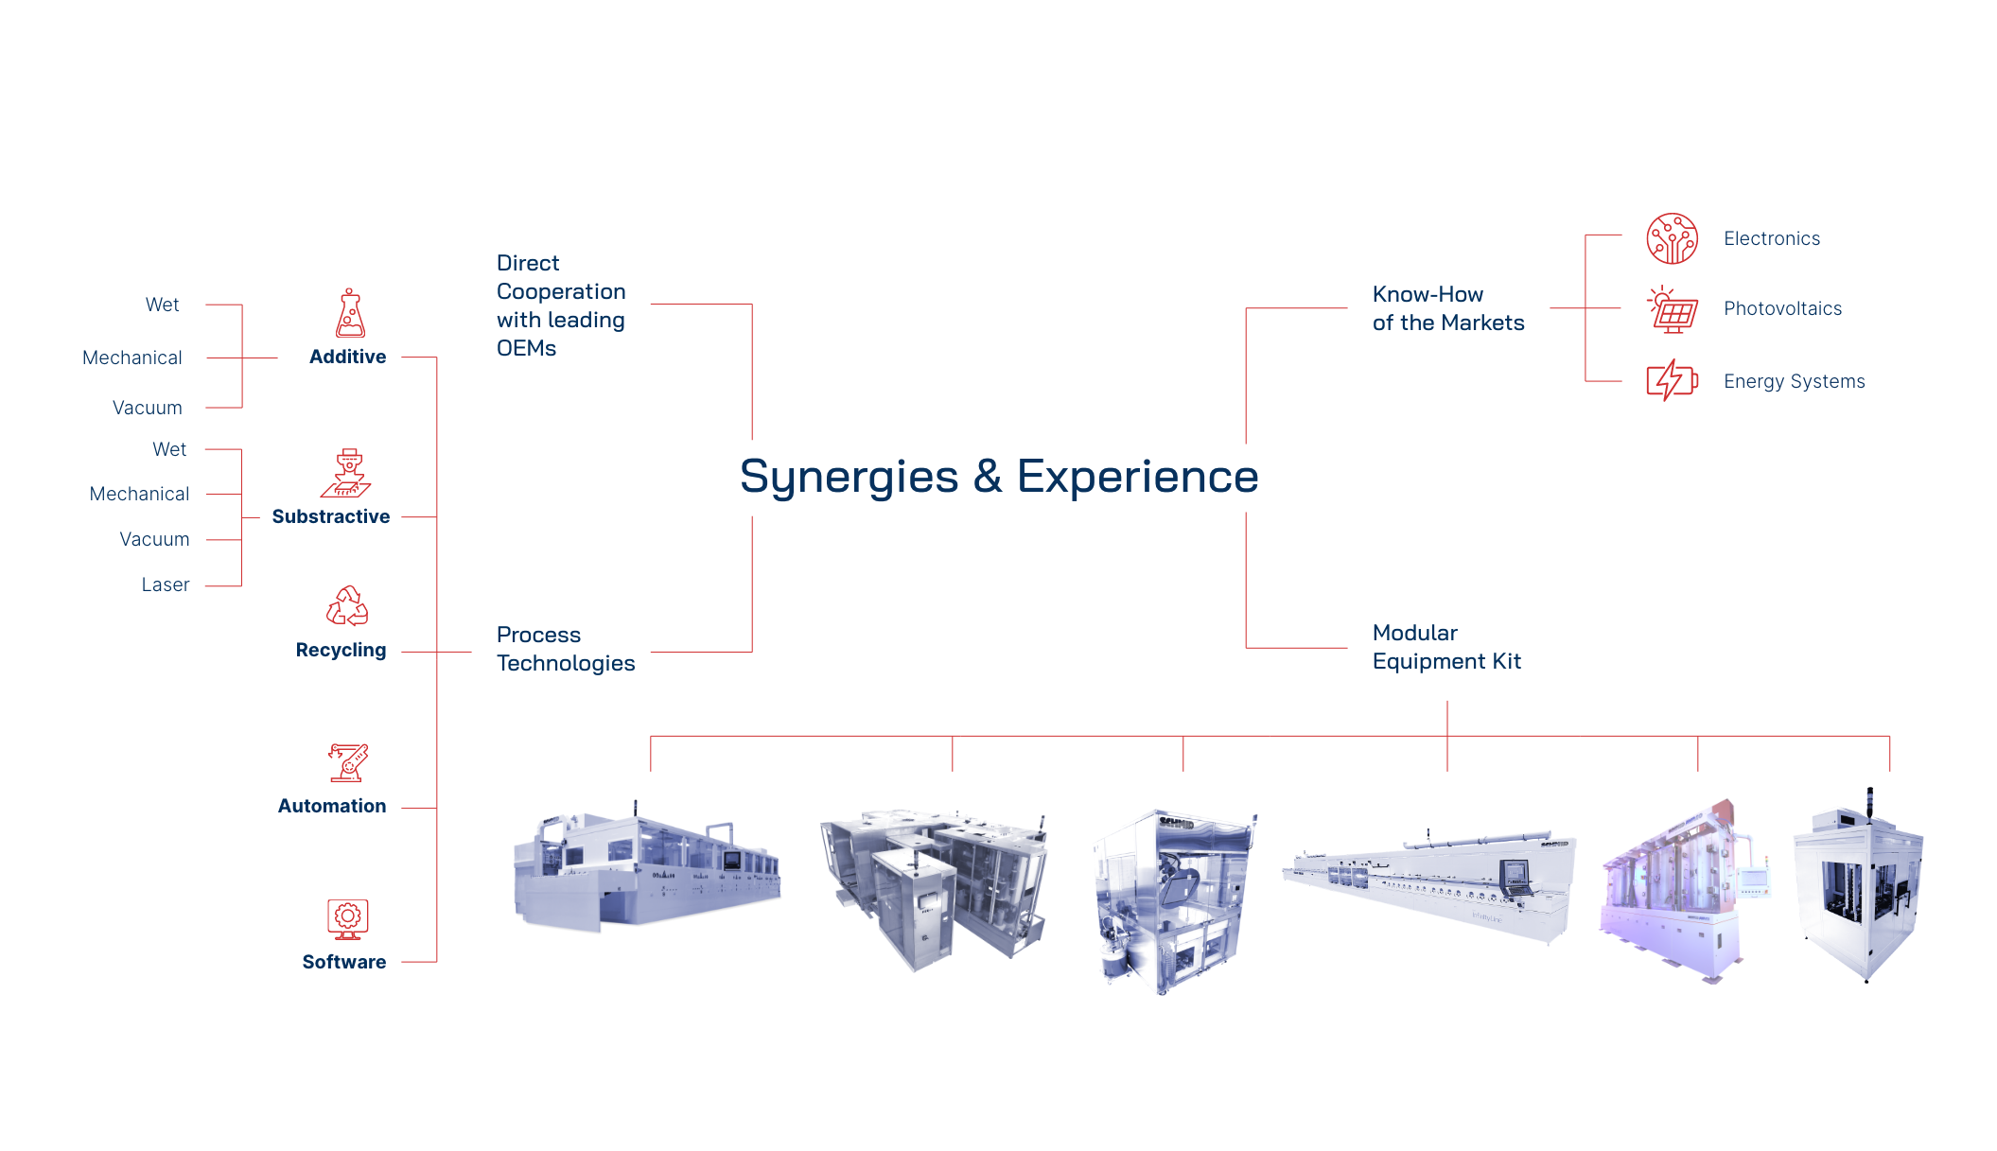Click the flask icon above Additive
(350, 314)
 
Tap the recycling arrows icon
(347, 606)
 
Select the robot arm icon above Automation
(348, 762)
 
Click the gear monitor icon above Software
(347, 918)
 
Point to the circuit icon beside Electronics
(1672, 238)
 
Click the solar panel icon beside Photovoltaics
(1673, 309)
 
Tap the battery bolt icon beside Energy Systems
(1672, 380)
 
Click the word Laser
(166, 585)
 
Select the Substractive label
(331, 516)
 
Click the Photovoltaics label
(1782, 309)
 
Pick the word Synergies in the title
(849, 477)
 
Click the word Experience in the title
(1137, 477)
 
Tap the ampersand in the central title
(988, 476)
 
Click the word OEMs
(526, 349)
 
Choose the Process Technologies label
(565, 649)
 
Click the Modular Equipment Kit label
(1446, 647)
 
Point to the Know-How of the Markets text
(1447, 308)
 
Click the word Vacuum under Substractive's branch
(154, 540)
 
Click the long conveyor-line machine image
(1428, 884)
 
